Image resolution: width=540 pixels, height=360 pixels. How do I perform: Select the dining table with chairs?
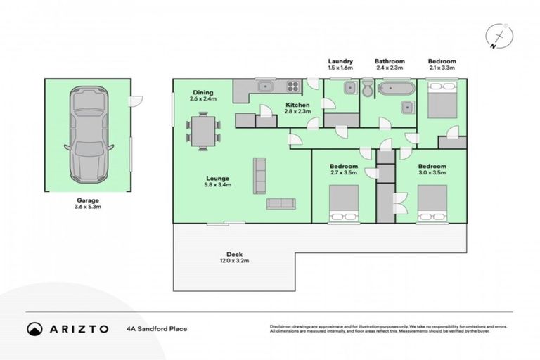click(x=203, y=132)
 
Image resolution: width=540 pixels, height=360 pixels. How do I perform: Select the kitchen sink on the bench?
click(x=265, y=87)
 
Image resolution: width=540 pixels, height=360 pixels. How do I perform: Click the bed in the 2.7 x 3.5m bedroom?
click(x=345, y=203)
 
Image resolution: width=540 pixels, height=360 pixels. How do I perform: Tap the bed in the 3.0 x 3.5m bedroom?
click(x=432, y=203)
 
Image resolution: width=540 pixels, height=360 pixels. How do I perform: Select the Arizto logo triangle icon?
click(x=34, y=328)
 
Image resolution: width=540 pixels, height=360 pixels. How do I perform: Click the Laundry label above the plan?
click(x=340, y=61)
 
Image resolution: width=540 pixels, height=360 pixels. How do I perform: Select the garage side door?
click(x=136, y=101)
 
